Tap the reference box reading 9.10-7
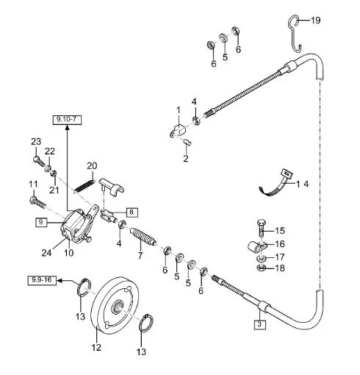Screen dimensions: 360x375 tap(67, 120)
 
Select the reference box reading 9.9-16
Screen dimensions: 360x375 tap(42, 280)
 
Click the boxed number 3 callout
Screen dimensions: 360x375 tap(259, 324)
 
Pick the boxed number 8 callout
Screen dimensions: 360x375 tap(132, 212)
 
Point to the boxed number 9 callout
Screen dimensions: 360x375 tap(41, 222)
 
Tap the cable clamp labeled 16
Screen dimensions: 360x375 tap(256, 247)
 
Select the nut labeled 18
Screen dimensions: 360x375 tap(261, 268)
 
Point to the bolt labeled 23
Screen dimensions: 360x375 tap(39, 161)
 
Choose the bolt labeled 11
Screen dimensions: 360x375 tap(37, 203)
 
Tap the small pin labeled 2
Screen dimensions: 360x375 tap(188, 143)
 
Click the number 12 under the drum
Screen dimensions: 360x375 tap(96, 347)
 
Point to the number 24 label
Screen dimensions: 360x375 tap(46, 253)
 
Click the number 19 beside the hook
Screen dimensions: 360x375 tap(316, 20)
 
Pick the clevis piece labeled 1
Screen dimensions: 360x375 tap(179, 131)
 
